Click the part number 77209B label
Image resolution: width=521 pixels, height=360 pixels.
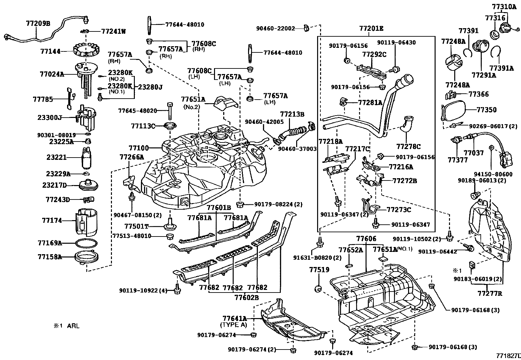(38, 24)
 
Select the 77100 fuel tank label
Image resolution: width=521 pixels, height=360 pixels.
(138, 148)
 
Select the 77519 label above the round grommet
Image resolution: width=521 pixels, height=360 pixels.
(319, 270)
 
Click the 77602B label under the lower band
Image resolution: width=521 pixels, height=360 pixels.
(246, 297)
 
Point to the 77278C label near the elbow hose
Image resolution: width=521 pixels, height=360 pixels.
(408, 146)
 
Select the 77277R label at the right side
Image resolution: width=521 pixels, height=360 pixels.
(490, 293)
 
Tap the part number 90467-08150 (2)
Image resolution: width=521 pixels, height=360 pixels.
(137, 215)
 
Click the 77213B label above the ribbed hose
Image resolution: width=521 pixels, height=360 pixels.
(292, 114)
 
